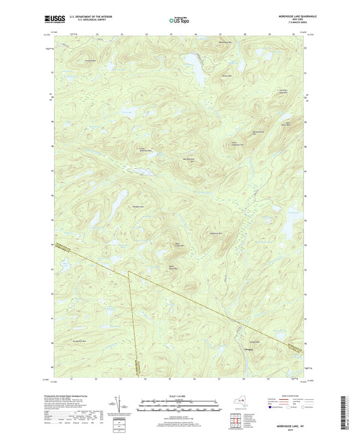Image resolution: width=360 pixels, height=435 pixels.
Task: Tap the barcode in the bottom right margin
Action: tap(352, 409)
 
